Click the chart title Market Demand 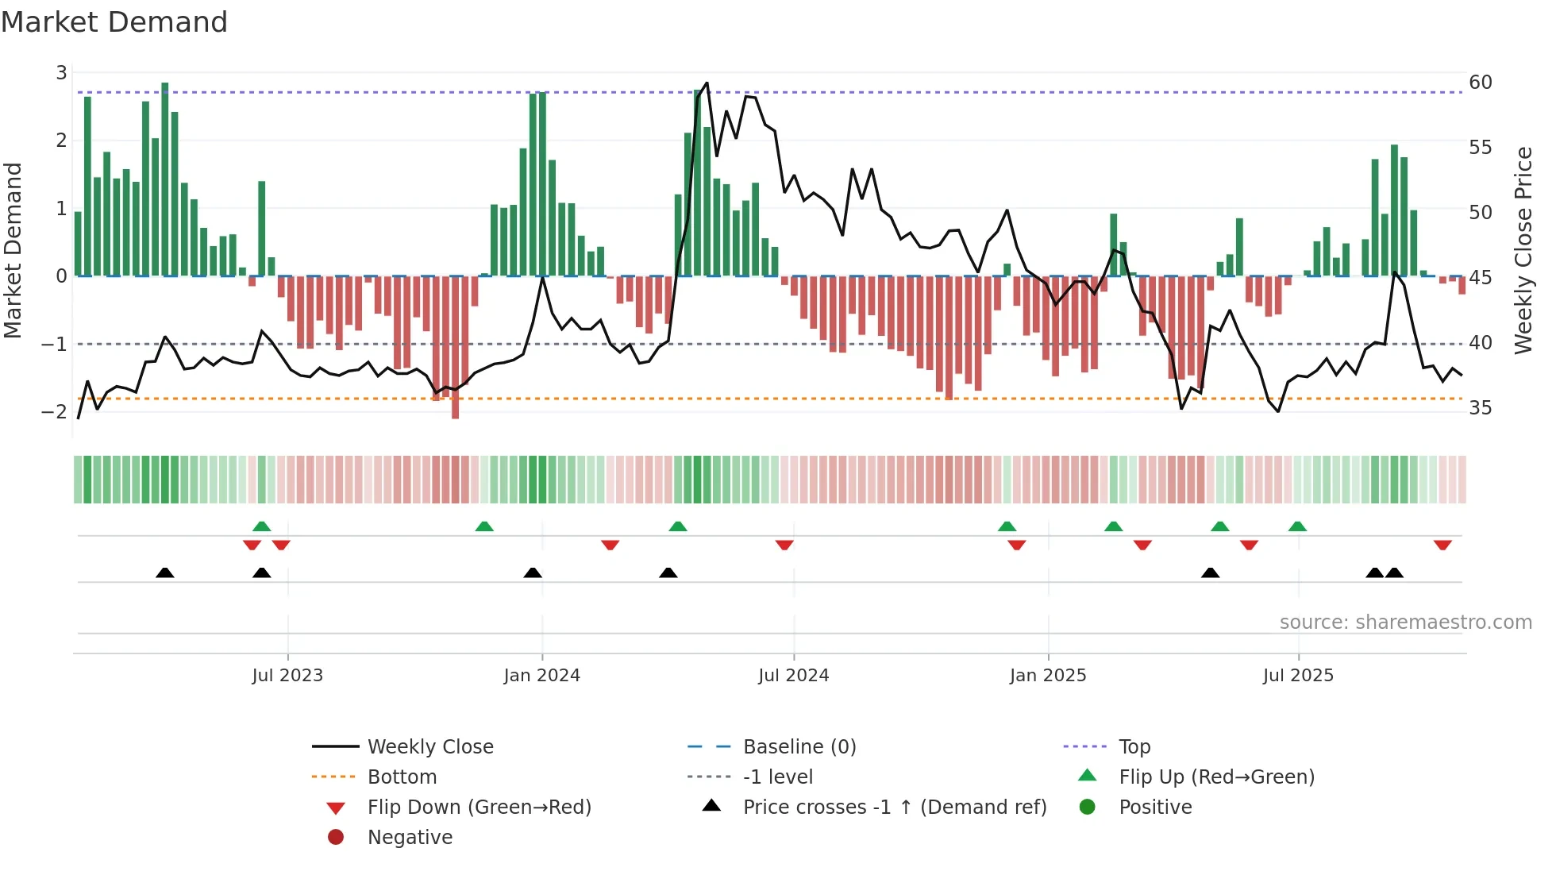pos(114,21)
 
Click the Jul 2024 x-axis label pos(793,676)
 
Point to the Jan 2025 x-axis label pos(1047,676)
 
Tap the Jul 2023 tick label pos(287,676)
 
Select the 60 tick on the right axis pos(1480,83)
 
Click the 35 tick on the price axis pos(1480,408)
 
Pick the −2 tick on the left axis pos(54,412)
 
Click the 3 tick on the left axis pos(61,73)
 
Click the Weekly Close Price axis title pos(1523,250)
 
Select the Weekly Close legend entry pos(429,747)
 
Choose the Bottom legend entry pos(402,777)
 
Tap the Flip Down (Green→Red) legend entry pos(479,808)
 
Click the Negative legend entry pos(410,838)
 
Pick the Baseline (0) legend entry pos(799,747)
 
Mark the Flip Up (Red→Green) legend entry pos(1216,777)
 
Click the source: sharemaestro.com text pos(1405,623)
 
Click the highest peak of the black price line pos(707,83)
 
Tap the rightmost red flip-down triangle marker pos(1442,545)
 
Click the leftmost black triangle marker pos(164,572)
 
